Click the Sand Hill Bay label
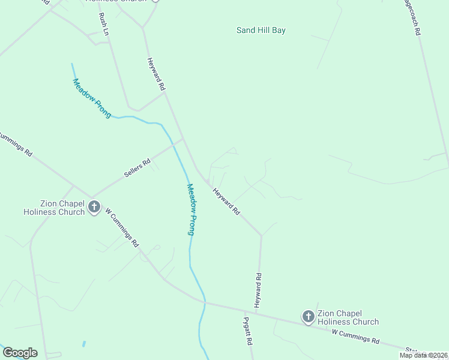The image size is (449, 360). (x=261, y=30)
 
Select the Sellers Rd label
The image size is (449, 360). (x=137, y=168)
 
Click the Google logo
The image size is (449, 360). (x=20, y=352)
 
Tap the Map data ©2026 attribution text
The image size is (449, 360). (x=423, y=355)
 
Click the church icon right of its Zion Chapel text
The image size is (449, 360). (x=94, y=207)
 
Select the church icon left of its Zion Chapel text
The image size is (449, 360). (x=309, y=316)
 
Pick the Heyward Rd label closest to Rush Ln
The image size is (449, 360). (x=156, y=74)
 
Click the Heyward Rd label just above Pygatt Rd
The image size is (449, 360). (x=258, y=290)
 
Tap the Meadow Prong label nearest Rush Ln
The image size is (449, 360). (x=92, y=98)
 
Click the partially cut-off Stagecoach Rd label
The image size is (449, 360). (x=411, y=18)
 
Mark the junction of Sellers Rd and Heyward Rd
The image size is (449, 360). (x=183, y=139)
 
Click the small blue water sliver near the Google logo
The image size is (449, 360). (x=83, y=344)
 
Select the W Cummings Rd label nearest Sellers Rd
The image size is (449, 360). (x=122, y=227)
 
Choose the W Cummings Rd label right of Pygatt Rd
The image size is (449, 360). (x=355, y=336)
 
